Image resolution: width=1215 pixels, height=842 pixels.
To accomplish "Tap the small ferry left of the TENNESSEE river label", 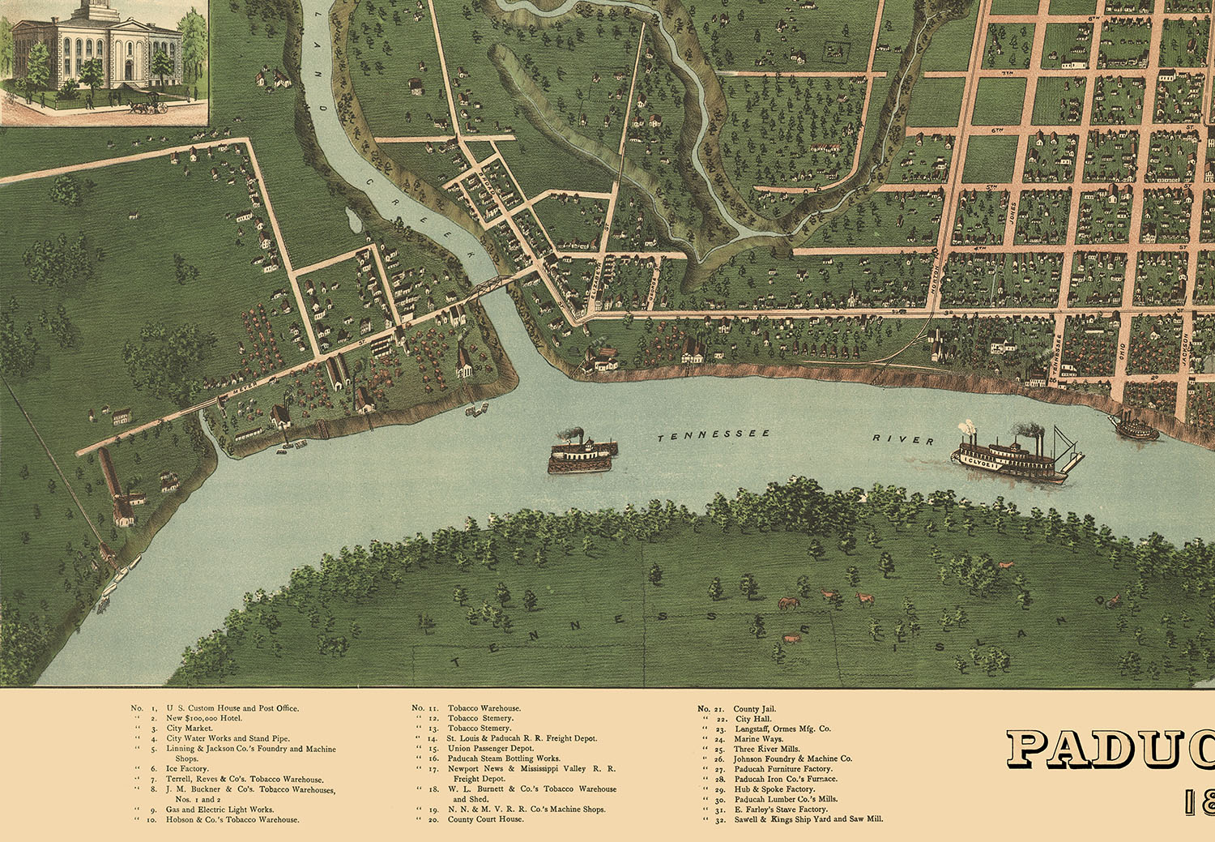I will tap(582, 454).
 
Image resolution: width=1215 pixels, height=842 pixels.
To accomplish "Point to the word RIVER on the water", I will tap(902, 439).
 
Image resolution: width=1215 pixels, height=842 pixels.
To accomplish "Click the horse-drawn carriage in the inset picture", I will tap(148, 105).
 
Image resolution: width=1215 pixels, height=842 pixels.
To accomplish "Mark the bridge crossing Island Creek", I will tap(492, 286).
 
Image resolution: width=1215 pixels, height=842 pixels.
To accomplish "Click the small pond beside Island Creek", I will tap(352, 219).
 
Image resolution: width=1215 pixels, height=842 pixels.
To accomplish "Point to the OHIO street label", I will tap(1122, 353).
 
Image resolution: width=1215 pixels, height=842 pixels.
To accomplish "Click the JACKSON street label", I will tap(1183, 350).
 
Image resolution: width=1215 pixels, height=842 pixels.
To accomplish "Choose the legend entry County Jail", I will tap(754, 709).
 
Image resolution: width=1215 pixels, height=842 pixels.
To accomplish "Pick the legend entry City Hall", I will tap(752, 719).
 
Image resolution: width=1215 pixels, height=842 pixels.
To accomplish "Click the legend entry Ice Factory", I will tap(187, 769).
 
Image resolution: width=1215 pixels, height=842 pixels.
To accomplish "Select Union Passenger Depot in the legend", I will tap(490, 749).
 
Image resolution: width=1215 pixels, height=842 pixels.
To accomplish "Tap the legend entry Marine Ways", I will tap(758, 739).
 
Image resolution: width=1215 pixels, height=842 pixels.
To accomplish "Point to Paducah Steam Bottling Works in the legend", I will tap(503, 759).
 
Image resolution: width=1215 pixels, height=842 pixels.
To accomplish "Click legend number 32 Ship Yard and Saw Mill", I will tap(808, 819).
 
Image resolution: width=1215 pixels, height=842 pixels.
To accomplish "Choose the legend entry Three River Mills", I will tap(766, 749).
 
